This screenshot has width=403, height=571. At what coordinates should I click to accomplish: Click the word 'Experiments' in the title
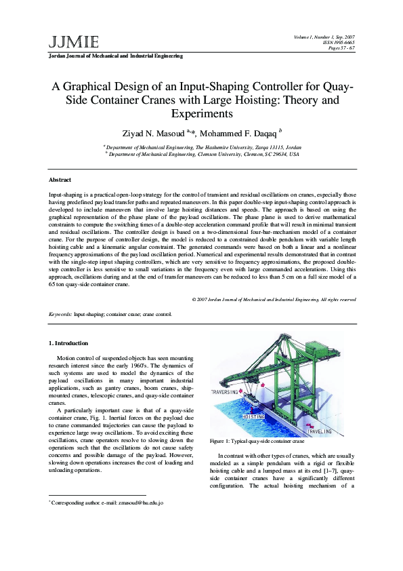[x=202, y=113]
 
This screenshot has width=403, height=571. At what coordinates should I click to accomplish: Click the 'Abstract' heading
[x=60, y=180]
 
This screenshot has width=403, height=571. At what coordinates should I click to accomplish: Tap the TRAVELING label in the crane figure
[x=320, y=431]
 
